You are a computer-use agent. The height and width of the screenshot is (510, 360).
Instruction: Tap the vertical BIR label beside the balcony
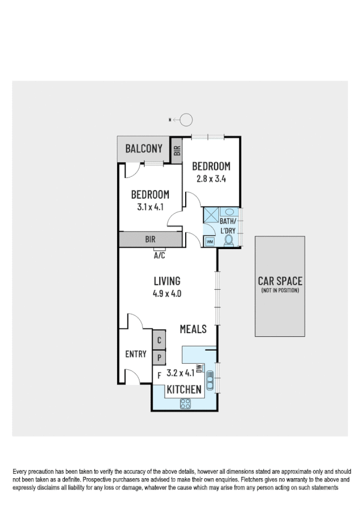tap(177, 151)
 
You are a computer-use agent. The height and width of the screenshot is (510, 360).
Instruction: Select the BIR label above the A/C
tap(150, 239)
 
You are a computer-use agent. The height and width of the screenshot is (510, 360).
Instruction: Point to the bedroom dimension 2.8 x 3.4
tap(210, 178)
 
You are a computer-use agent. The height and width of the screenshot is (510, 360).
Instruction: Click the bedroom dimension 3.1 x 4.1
tap(150, 207)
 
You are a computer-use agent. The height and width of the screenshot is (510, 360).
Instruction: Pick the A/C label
tap(159, 254)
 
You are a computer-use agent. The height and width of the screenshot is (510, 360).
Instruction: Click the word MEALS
tap(194, 329)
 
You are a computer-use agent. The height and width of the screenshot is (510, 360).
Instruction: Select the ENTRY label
tap(136, 354)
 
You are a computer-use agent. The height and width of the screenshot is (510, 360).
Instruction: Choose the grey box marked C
tap(159, 340)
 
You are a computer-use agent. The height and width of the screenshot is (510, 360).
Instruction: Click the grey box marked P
tap(159, 357)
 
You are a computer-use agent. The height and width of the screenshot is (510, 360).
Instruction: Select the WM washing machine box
tap(210, 241)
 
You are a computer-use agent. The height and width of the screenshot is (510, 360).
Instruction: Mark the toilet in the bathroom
tap(228, 240)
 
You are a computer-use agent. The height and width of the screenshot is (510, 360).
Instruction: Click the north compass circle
tap(186, 120)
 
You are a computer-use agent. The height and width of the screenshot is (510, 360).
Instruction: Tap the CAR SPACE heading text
tap(279, 280)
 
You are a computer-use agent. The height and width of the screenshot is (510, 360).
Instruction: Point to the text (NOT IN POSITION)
tap(279, 290)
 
